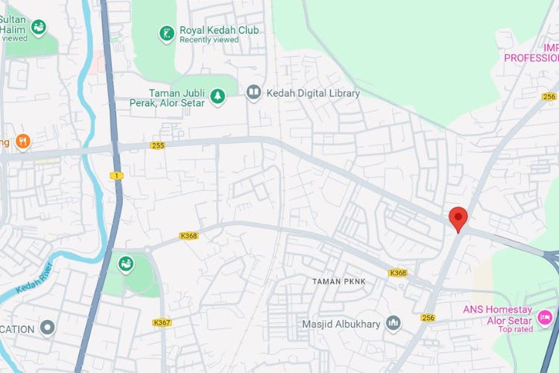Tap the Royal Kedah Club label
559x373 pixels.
click(x=219, y=31)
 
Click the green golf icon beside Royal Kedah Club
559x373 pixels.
click(x=165, y=32)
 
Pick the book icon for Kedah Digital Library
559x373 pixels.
click(x=253, y=93)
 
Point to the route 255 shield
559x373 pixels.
click(x=157, y=145)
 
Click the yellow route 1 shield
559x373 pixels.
click(x=116, y=175)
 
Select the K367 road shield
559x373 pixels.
click(x=162, y=322)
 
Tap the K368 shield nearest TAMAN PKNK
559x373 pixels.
click(x=398, y=273)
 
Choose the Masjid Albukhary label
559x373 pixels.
click(x=341, y=324)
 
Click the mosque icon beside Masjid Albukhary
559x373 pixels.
click(x=393, y=324)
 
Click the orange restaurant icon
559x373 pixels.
click(x=22, y=141)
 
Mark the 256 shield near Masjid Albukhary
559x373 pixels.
click(x=427, y=318)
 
